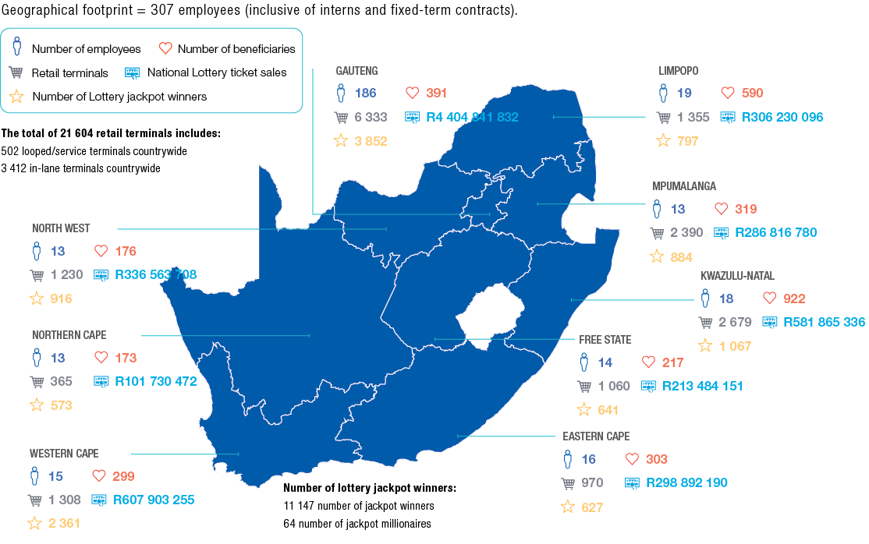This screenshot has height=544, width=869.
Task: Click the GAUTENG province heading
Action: [x=356, y=71]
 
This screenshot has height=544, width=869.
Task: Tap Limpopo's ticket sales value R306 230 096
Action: [x=782, y=118]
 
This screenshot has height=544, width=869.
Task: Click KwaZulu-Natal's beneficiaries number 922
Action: [x=794, y=298]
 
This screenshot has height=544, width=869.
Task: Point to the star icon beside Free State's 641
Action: [x=584, y=410]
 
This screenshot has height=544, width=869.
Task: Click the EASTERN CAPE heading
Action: [x=595, y=436]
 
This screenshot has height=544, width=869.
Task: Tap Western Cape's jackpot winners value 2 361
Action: [x=64, y=523]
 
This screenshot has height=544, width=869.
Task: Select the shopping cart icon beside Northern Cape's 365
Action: [x=36, y=382]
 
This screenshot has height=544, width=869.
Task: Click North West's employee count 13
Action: [x=58, y=252]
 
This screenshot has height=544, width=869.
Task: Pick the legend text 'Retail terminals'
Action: [x=69, y=72]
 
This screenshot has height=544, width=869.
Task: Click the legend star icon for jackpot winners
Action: [x=16, y=97]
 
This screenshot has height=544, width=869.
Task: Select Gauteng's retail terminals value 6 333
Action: [x=371, y=118]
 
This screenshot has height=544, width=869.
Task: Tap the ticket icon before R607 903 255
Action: [x=99, y=500]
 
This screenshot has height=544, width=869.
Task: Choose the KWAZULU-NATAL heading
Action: [x=737, y=276]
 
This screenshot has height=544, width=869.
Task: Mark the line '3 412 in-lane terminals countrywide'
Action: [x=81, y=168]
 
